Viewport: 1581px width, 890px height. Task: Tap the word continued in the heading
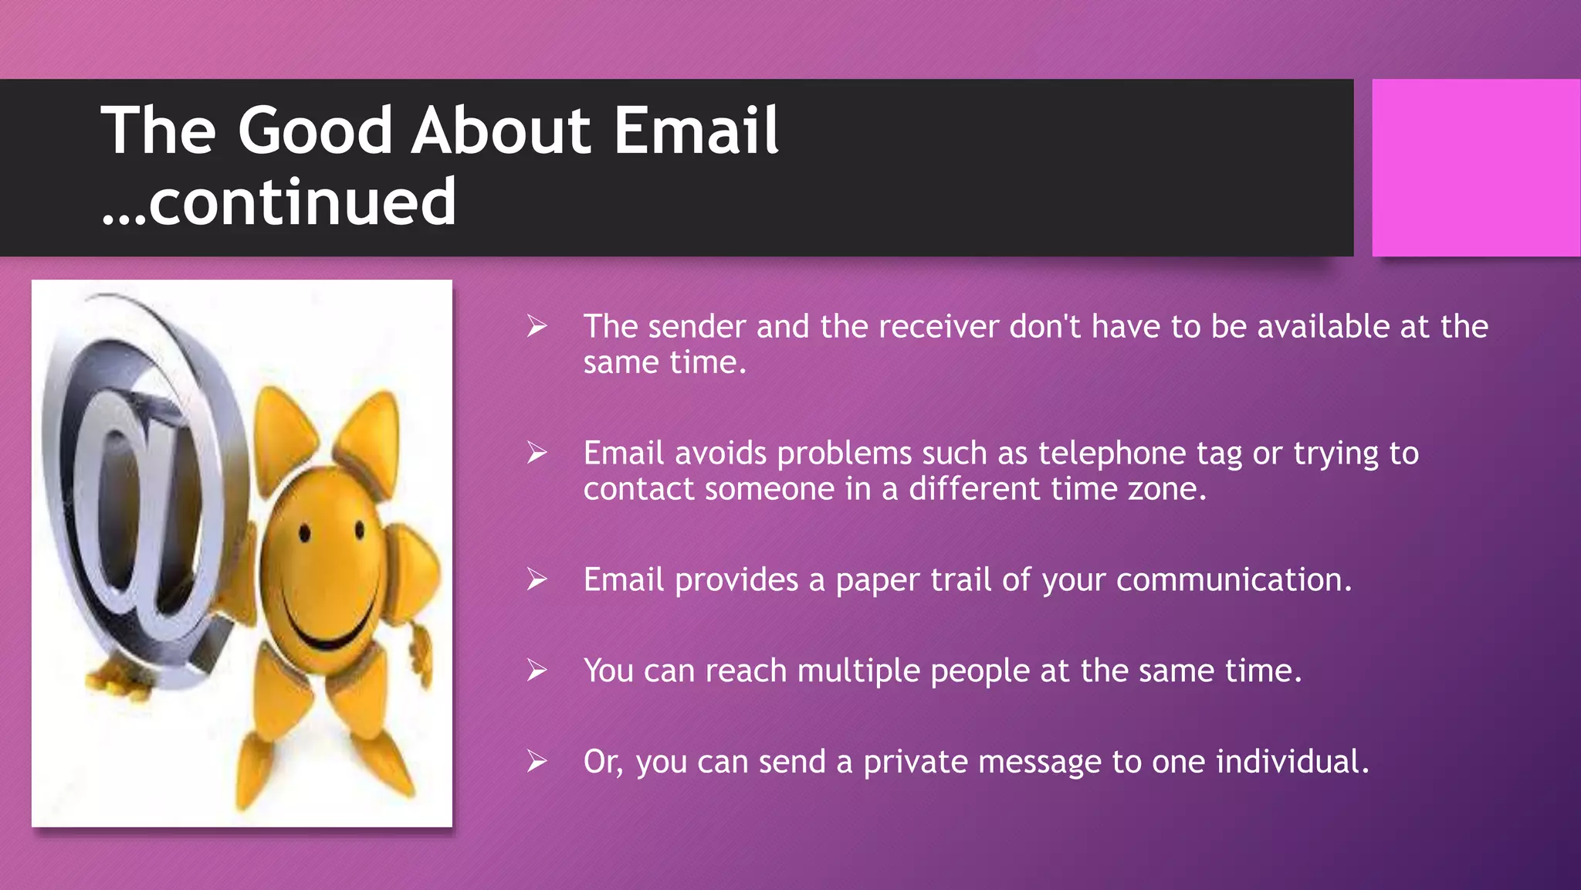point(302,202)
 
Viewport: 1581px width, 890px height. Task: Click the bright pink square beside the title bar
point(1475,168)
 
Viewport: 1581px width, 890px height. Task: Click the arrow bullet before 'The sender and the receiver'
point(537,327)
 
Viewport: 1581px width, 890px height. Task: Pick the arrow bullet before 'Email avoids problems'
point(537,453)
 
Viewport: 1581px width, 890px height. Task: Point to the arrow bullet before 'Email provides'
point(537,579)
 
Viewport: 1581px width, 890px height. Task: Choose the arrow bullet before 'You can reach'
point(537,671)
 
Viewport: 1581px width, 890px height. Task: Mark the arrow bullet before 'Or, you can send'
point(537,762)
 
